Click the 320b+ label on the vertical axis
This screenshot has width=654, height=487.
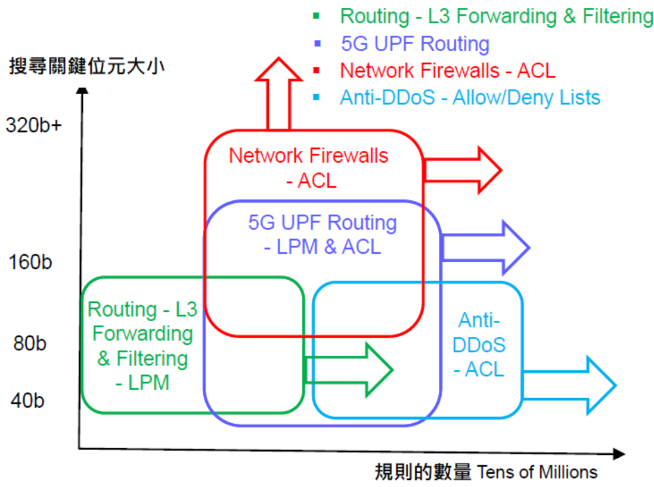click(34, 125)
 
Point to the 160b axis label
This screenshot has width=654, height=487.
click(30, 262)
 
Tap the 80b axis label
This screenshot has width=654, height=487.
click(30, 343)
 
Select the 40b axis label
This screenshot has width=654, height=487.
click(27, 401)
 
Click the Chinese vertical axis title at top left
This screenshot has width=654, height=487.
click(86, 66)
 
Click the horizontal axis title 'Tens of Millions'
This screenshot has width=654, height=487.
click(537, 472)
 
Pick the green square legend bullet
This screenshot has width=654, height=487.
click(316, 16)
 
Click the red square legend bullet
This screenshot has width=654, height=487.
click(316, 70)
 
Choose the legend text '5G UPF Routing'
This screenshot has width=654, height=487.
click(415, 44)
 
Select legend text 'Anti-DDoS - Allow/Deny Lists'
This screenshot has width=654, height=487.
click(470, 98)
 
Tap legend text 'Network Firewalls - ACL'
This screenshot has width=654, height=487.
click(448, 70)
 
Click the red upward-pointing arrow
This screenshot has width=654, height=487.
click(278, 94)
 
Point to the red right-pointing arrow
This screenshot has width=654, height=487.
click(462, 170)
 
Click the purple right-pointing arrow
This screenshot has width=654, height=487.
click(485, 247)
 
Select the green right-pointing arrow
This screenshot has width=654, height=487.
click(349, 370)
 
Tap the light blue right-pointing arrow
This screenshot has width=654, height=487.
click(569, 386)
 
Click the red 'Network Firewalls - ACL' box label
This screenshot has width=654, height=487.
click(309, 168)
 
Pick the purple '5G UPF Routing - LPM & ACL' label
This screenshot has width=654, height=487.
click(323, 234)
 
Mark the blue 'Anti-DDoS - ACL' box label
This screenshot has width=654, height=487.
click(479, 345)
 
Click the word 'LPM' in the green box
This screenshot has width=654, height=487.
click(148, 383)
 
